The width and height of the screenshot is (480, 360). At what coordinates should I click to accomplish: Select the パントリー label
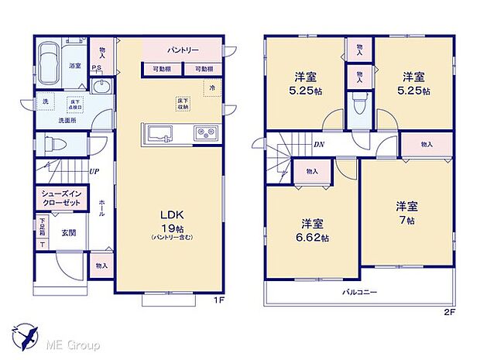pos(183,52)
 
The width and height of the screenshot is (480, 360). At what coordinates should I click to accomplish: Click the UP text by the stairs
pos(93,172)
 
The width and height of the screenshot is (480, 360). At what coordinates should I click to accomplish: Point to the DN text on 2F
pos(318,144)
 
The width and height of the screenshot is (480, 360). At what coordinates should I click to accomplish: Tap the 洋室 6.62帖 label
pos(312,230)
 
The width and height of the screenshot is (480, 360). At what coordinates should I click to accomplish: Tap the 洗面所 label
pos(52,120)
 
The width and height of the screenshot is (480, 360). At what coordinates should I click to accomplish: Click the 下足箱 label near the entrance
pos(42,228)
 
